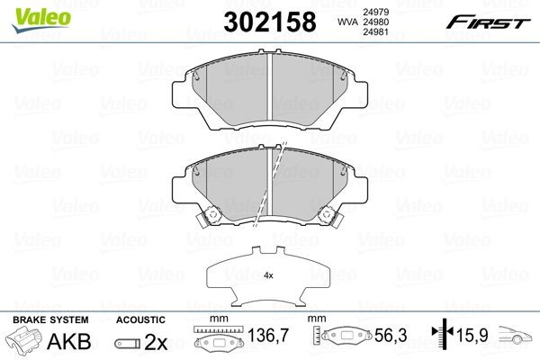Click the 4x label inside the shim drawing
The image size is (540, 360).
point(267,277)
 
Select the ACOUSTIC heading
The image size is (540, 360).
point(141,319)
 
